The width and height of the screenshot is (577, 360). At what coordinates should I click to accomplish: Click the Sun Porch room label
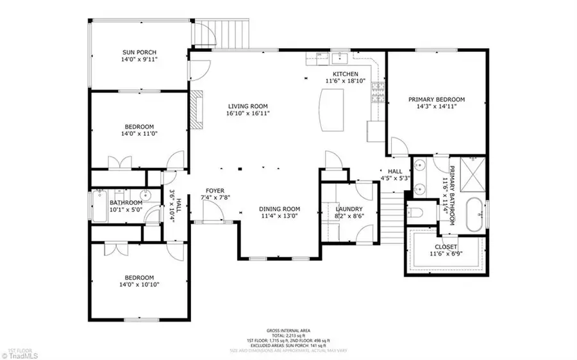pos(139,53)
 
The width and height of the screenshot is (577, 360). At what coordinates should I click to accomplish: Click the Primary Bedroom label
pos(437,99)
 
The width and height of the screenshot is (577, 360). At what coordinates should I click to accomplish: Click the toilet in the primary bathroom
pos(417,212)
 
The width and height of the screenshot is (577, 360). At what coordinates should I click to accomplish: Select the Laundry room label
pos(349,209)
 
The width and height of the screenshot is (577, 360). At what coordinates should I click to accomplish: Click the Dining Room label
pos(280,209)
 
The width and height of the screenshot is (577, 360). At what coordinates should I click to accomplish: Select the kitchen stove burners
pos(378,93)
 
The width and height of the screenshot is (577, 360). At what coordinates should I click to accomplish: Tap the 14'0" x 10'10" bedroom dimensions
pos(139,284)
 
